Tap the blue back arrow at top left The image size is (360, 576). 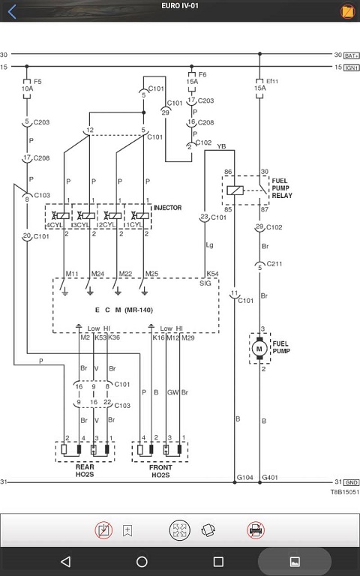point(12,11)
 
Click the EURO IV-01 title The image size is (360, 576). point(180,6)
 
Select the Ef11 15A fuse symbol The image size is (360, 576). point(259,88)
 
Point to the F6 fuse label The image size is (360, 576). point(202,74)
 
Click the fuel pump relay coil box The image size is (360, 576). point(235,190)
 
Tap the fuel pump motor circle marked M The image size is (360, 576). point(259,348)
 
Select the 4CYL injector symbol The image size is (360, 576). point(59,216)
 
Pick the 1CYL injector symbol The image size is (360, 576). point(139,216)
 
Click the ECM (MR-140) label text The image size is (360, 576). point(124,310)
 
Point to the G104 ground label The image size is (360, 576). point(244,478)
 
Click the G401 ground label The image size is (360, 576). point(270,478)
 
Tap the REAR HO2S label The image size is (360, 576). point(85,470)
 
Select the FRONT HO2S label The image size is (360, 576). point(160,471)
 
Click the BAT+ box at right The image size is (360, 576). point(352,55)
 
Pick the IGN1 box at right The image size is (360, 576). point(352,68)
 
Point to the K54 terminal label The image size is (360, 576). point(212,274)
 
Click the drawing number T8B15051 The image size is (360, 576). point(344,492)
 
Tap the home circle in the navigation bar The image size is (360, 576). point(142,561)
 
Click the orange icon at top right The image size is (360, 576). point(347,11)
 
